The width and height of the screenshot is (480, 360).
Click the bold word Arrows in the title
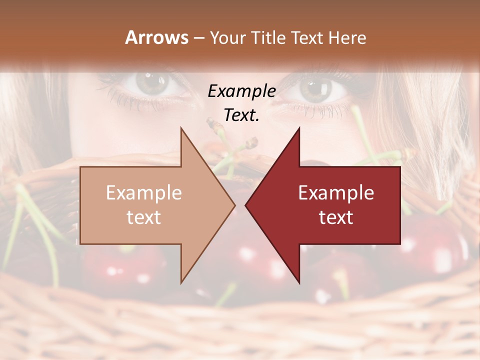[x=157, y=37]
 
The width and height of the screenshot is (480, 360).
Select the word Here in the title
[x=347, y=37]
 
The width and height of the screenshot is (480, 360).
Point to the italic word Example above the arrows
[x=241, y=91]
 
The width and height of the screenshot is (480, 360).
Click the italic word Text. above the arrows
[x=241, y=115]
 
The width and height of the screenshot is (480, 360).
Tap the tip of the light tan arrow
[x=235, y=205]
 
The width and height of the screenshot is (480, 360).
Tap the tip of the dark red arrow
[x=245, y=205]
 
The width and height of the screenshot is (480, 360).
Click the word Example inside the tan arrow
[x=144, y=193]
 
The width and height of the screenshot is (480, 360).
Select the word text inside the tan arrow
[x=144, y=217]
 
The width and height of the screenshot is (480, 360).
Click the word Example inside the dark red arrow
[x=336, y=193]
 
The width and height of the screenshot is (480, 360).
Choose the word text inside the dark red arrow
[x=336, y=217]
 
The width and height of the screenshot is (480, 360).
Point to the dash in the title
[x=198, y=38]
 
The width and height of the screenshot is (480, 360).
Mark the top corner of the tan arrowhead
[x=181, y=128]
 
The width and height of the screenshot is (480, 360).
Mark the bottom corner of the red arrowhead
[x=299, y=283]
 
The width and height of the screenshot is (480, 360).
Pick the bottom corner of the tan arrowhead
[x=181, y=283]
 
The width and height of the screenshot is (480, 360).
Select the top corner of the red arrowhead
[x=299, y=127]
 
